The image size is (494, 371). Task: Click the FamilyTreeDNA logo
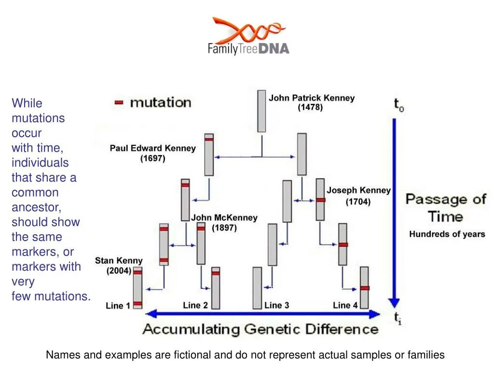248,36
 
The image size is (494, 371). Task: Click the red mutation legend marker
119,102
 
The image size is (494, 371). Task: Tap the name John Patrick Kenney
311,98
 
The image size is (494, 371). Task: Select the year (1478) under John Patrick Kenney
310,107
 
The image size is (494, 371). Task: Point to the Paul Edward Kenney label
152,148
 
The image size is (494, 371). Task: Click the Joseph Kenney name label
358,190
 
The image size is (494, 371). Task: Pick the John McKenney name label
224,218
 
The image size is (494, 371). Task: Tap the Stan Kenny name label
119,261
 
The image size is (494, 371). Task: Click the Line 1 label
118,305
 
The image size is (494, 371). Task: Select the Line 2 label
195,305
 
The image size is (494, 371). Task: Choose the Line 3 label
276,305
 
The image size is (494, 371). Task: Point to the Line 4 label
345,305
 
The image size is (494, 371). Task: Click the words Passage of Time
446,208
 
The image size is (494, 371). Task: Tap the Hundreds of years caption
447,234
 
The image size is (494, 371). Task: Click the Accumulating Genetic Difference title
261,329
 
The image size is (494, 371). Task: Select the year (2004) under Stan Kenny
119,271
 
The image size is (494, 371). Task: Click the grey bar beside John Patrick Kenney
261,111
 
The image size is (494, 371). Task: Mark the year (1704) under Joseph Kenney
358,202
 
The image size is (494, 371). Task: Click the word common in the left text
35,193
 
